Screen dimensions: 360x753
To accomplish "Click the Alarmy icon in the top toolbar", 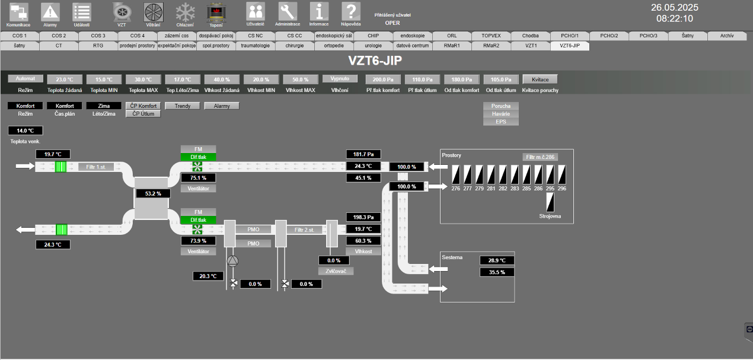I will pyautogui.click(x=50, y=12).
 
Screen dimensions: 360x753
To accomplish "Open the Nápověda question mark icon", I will pyautogui.click(x=350, y=12).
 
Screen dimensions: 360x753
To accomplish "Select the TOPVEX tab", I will pyautogui.click(x=491, y=36).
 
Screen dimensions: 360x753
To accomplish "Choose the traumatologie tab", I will pyautogui.click(x=255, y=45).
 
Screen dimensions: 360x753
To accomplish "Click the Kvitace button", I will pyautogui.click(x=540, y=79).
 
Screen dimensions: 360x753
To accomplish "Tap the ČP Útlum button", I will pyautogui.click(x=143, y=113).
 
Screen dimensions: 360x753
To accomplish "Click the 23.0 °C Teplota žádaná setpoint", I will pyautogui.click(x=65, y=79).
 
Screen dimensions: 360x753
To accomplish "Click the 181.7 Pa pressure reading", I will pyautogui.click(x=363, y=154).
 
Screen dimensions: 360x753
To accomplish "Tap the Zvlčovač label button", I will pyautogui.click(x=336, y=271).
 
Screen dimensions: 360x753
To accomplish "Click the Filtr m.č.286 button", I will pyautogui.click(x=540, y=157).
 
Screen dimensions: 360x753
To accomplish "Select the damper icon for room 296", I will pyautogui.click(x=562, y=174).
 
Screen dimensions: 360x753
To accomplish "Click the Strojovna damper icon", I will pyautogui.click(x=550, y=203).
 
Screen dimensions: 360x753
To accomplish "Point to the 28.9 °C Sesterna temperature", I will pyautogui.click(x=497, y=260).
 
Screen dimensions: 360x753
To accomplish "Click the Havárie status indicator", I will pyautogui.click(x=501, y=114).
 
